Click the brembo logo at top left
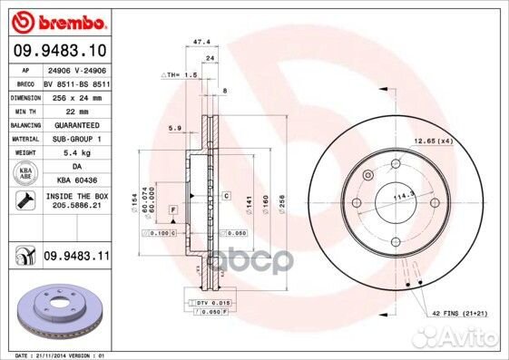pos(56,21)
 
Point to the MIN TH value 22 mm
pos(72,110)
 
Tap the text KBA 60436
pos(76,181)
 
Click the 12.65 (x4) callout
pos(435,141)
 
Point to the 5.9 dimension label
pos(175,129)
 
